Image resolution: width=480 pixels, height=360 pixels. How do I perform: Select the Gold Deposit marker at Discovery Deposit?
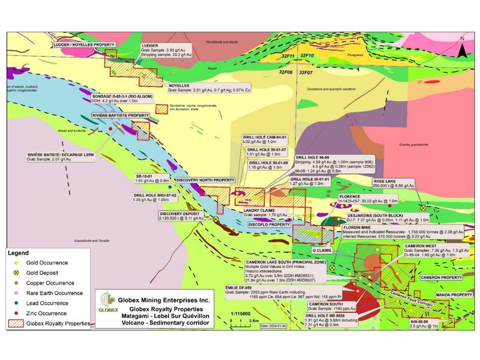(x=216, y=219)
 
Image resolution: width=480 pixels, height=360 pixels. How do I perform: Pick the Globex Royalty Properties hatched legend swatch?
(x=16, y=324)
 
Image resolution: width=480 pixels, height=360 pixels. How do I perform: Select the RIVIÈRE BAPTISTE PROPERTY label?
(x=120, y=116)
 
